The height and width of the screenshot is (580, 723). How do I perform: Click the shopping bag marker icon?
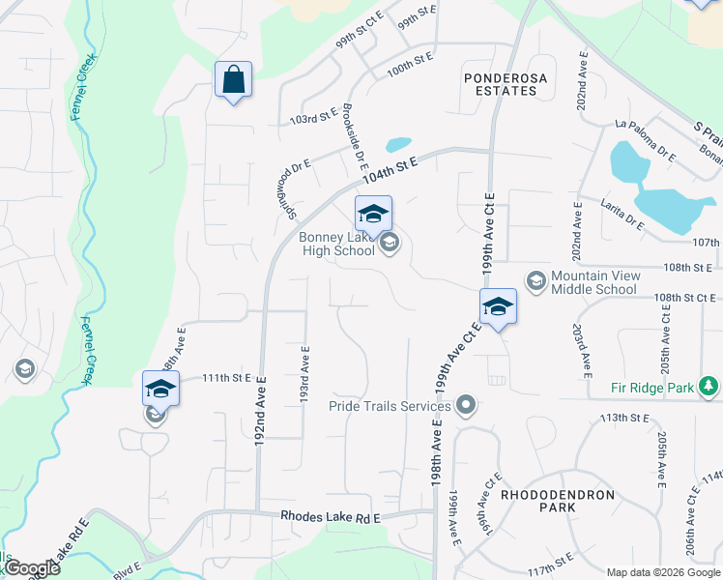(x=233, y=79)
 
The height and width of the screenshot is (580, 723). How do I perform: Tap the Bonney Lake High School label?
(x=335, y=245)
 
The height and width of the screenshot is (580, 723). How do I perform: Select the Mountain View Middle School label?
(x=593, y=282)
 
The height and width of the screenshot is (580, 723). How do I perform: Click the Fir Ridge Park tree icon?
(x=709, y=388)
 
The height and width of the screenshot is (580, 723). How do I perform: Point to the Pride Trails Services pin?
(x=466, y=406)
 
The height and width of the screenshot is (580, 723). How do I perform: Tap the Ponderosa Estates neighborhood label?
(x=500, y=83)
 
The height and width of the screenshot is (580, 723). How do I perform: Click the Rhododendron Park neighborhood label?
(x=557, y=501)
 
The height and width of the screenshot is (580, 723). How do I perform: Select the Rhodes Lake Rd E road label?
(x=331, y=518)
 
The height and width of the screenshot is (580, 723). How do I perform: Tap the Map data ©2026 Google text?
(x=662, y=571)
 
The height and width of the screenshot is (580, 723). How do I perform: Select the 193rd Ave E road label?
(x=305, y=376)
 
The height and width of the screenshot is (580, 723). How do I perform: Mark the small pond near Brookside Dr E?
(x=397, y=145)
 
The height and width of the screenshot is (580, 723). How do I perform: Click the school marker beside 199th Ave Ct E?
(x=498, y=306)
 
